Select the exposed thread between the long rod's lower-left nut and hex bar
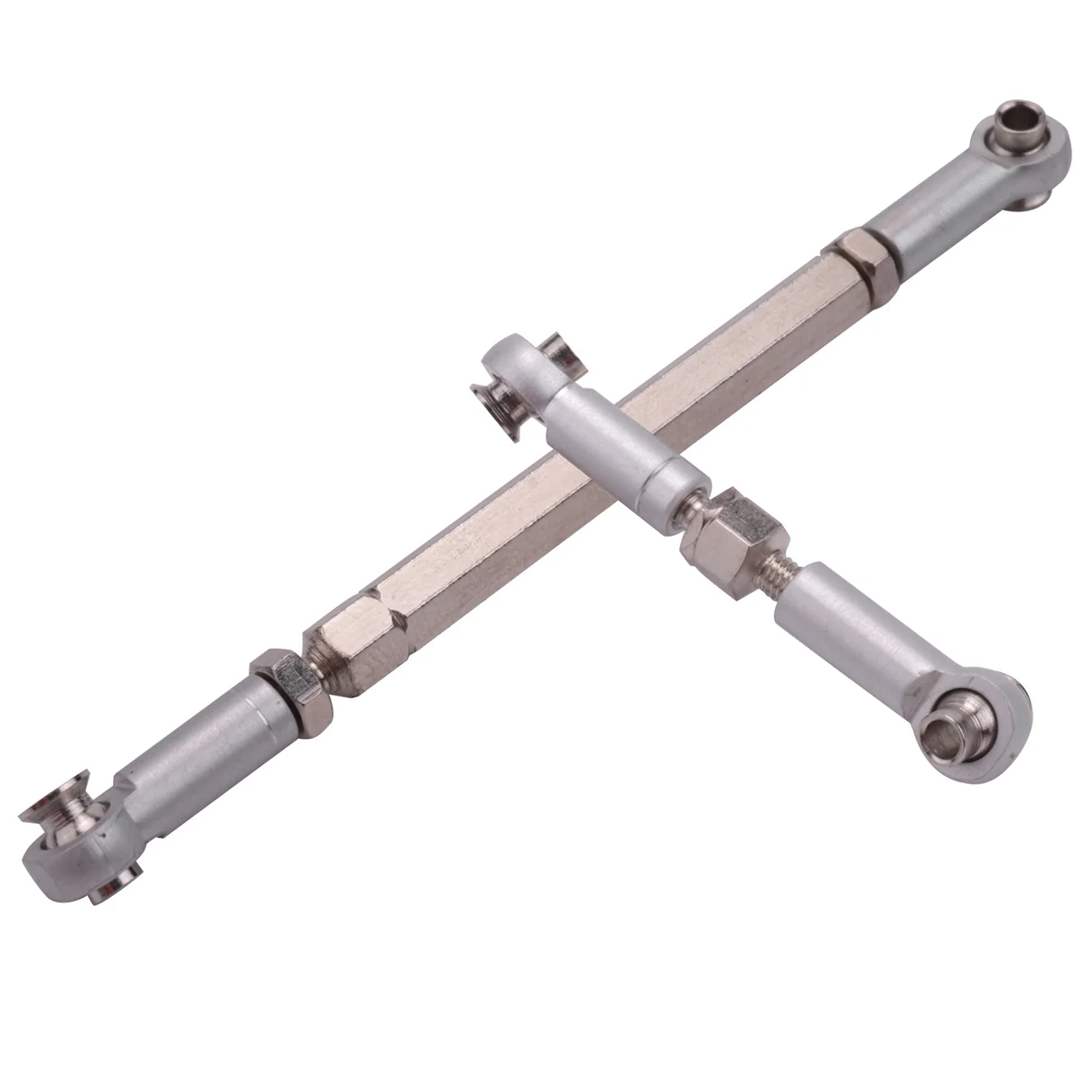click(x=315, y=668)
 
